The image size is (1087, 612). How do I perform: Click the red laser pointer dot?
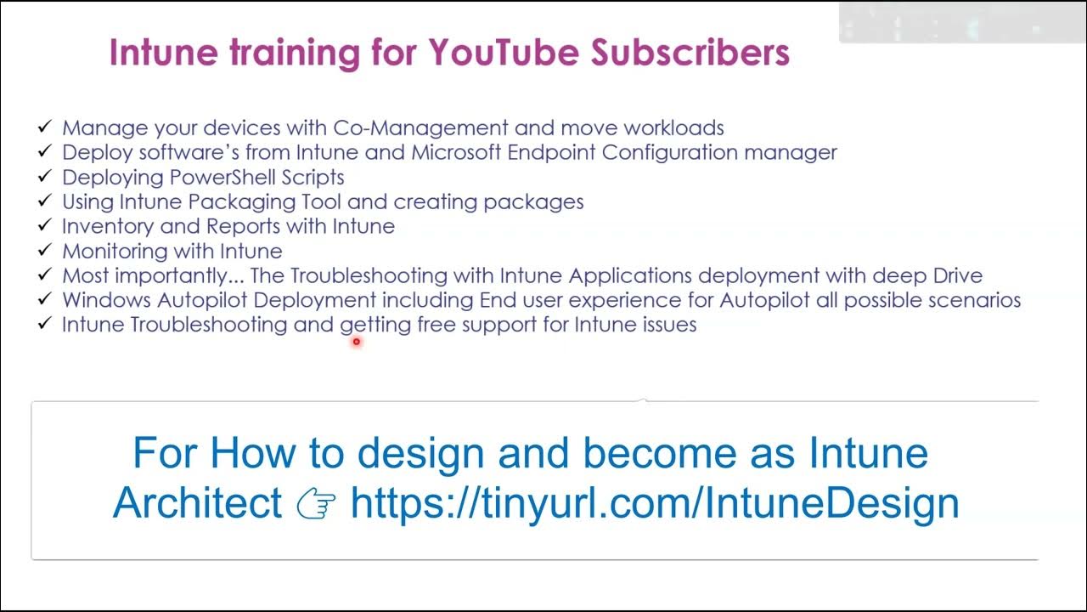[x=357, y=342]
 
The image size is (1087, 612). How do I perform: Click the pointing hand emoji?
[x=316, y=503]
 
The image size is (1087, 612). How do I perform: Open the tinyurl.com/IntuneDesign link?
[x=654, y=503]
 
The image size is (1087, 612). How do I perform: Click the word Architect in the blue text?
[x=197, y=503]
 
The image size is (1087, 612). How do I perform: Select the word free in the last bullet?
[x=436, y=325]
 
